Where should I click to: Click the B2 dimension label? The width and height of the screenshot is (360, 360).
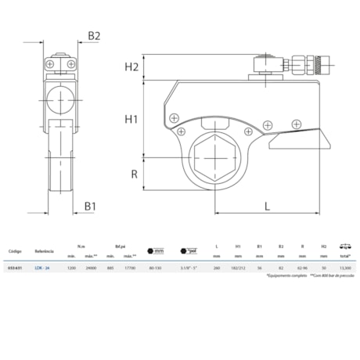(93, 34)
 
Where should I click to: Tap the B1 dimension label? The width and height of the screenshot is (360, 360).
(91, 207)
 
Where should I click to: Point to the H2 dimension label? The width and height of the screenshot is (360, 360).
(131, 67)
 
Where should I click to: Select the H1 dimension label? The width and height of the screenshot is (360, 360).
(131, 119)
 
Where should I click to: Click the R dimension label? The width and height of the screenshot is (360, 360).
(134, 174)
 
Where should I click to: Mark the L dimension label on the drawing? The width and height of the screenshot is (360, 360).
(268, 207)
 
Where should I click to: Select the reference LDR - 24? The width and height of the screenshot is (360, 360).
(42, 267)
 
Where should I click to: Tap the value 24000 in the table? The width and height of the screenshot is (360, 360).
(91, 267)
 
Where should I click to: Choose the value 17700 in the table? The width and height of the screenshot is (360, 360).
(131, 267)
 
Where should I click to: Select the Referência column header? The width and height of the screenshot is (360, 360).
(44, 252)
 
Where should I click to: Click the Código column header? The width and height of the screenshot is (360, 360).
(15, 252)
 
